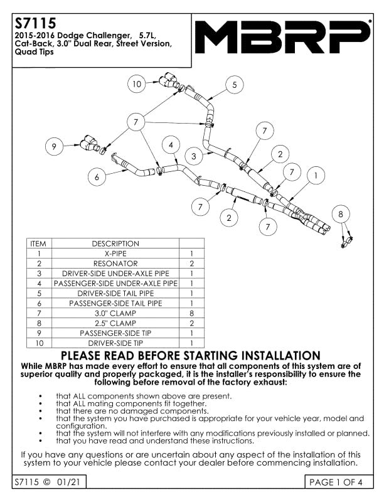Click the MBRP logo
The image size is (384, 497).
point(282,37)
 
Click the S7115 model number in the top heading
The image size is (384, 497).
point(36,23)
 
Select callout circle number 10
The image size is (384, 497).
point(137,84)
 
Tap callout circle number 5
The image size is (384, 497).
point(235,85)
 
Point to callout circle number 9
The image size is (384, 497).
point(54,146)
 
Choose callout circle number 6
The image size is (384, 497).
point(97,177)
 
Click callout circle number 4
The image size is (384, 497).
point(171,145)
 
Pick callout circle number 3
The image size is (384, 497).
point(194,156)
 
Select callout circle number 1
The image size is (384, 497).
point(316,175)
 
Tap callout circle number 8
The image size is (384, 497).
point(341,214)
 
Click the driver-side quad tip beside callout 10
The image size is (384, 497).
point(169,80)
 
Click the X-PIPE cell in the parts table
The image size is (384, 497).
point(115,254)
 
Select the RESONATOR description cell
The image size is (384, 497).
point(115,264)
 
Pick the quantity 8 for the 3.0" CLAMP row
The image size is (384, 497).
point(191,313)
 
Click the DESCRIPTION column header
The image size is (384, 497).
point(115,243)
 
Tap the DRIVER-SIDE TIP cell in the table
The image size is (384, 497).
point(115,343)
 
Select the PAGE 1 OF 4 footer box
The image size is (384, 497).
point(339,482)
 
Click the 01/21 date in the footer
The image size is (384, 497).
point(68,482)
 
